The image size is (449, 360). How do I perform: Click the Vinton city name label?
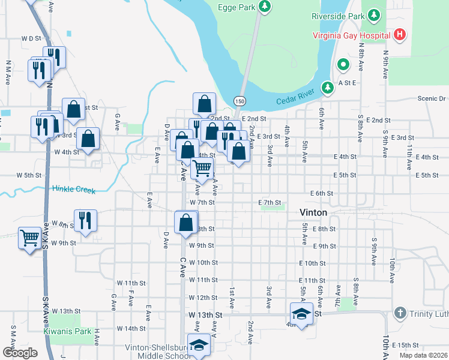click(x=313, y=213)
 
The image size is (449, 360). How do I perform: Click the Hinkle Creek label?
click(x=73, y=190)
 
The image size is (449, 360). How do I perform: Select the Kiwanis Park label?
click(x=67, y=331)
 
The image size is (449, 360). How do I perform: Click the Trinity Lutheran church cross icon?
click(x=400, y=313)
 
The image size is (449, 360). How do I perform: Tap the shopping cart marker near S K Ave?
click(x=29, y=238)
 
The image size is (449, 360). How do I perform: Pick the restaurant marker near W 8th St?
click(x=85, y=220)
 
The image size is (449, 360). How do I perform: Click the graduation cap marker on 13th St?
click(x=301, y=314)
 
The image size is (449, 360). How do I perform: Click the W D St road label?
click(x=30, y=38)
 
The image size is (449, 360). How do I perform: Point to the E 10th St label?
click(x=312, y=263)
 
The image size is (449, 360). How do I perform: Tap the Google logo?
click(x=20, y=353)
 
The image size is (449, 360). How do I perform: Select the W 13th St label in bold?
click(x=205, y=314)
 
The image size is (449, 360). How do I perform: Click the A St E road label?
click(x=347, y=83)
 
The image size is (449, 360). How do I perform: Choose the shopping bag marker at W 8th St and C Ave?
click(x=186, y=222)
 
